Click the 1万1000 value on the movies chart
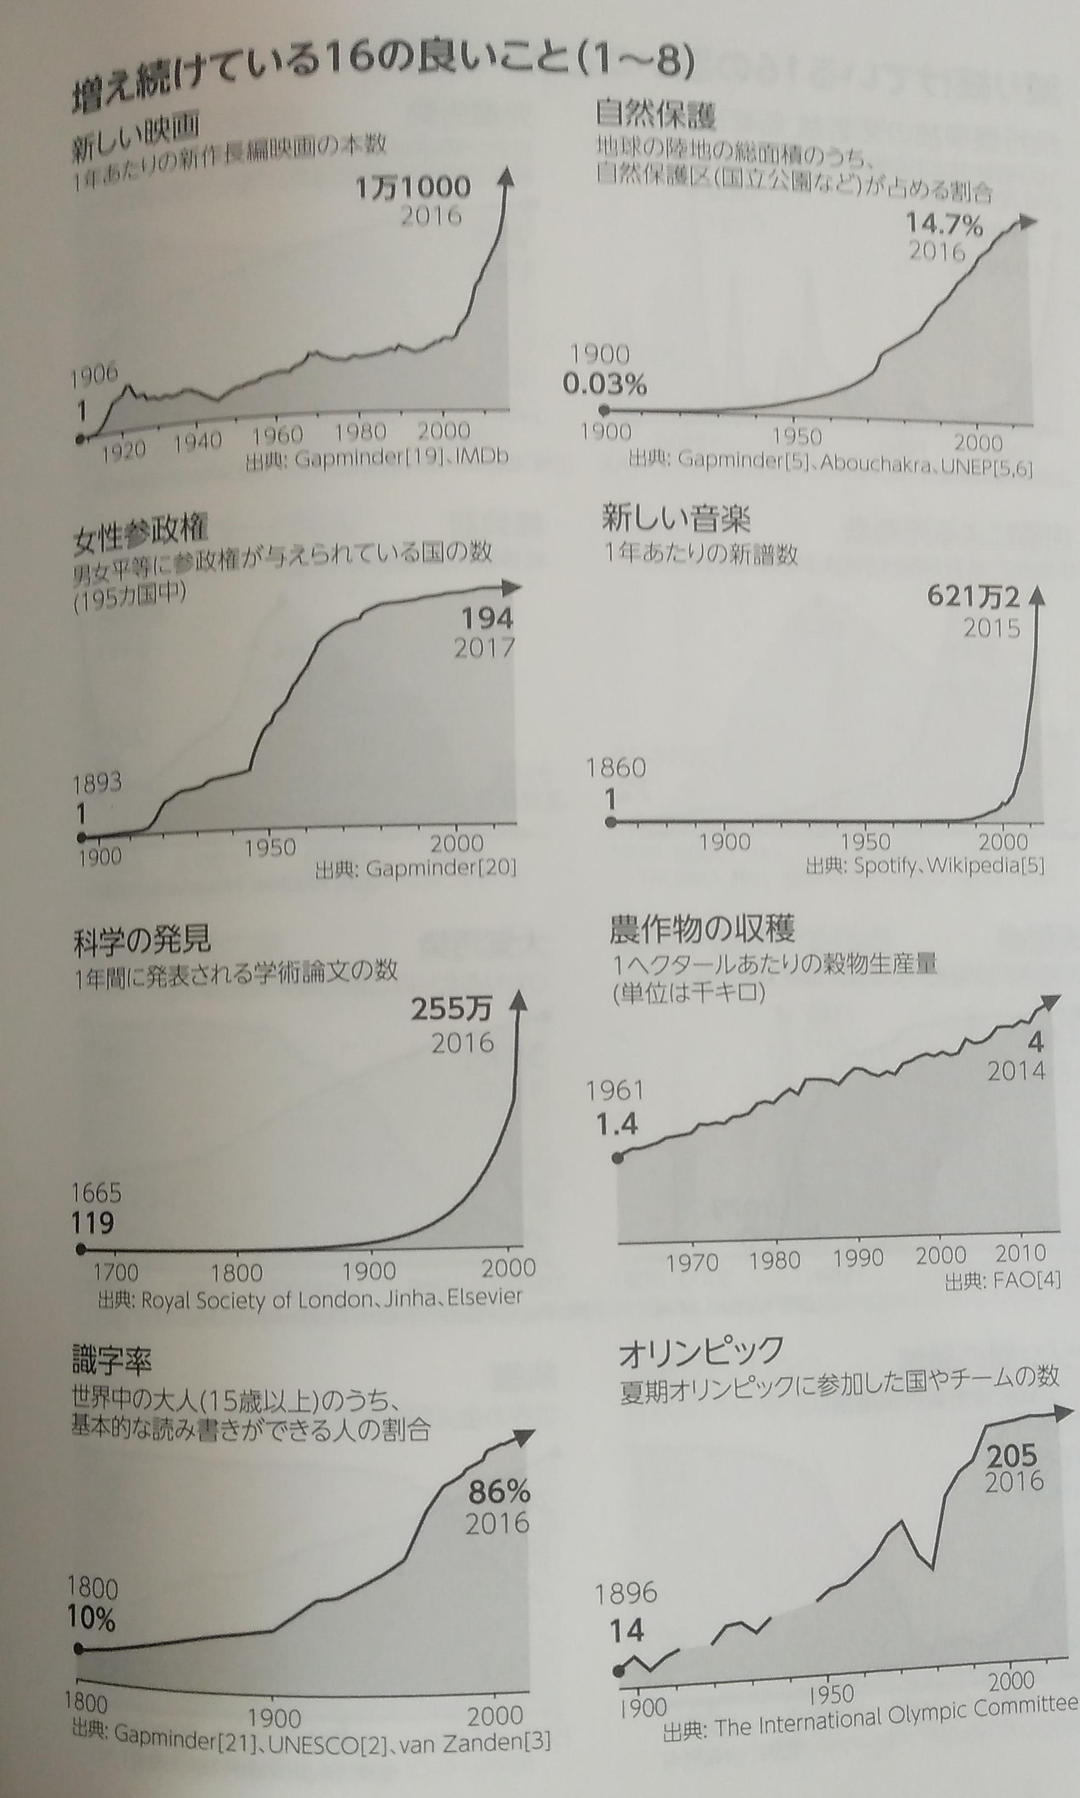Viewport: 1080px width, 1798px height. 413,187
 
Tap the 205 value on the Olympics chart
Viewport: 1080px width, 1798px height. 1011,1454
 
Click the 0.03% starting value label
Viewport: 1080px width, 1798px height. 604,384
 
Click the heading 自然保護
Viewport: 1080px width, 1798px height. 655,113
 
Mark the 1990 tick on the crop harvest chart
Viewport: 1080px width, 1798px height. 858,1258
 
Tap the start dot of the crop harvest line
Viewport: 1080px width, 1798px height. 618,1158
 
